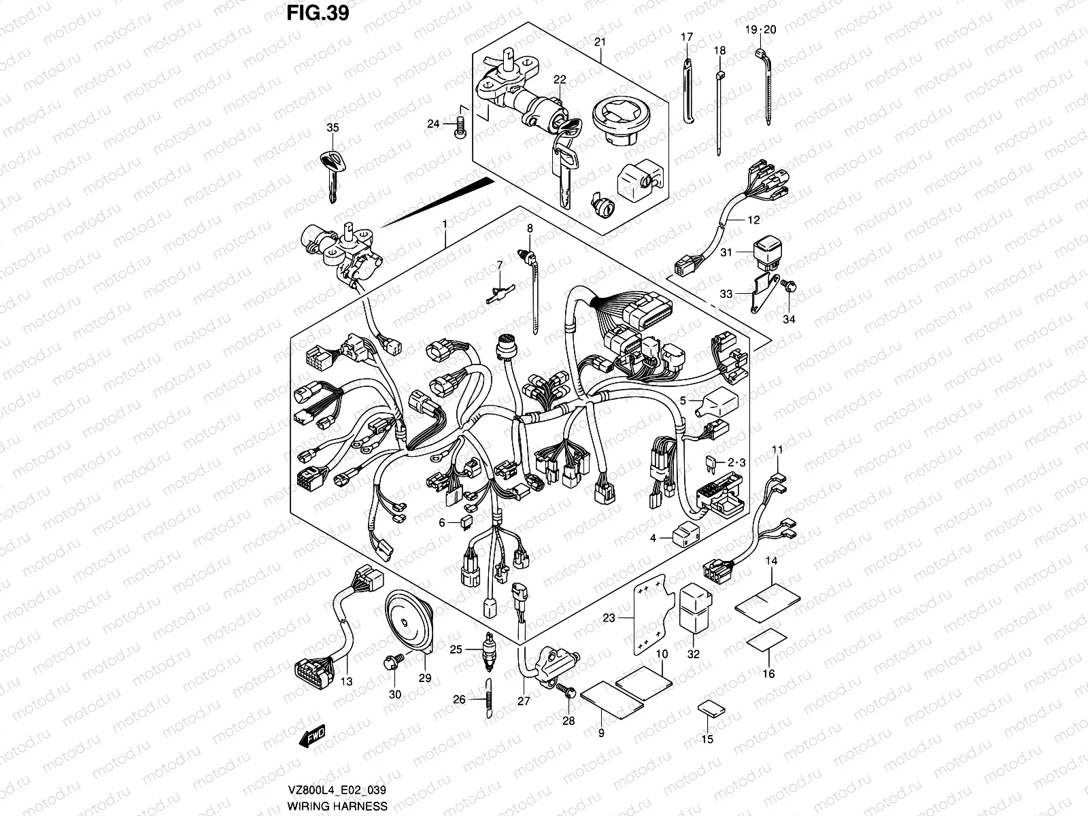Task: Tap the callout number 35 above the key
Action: click(x=332, y=128)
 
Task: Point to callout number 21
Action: click(x=599, y=42)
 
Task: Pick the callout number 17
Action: click(x=686, y=37)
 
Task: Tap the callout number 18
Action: click(x=719, y=50)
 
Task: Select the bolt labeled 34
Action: click(x=791, y=288)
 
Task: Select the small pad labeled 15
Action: click(x=711, y=709)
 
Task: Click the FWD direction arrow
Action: click(x=312, y=736)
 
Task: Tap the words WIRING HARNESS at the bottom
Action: click(x=337, y=806)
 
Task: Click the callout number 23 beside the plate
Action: click(x=609, y=618)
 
